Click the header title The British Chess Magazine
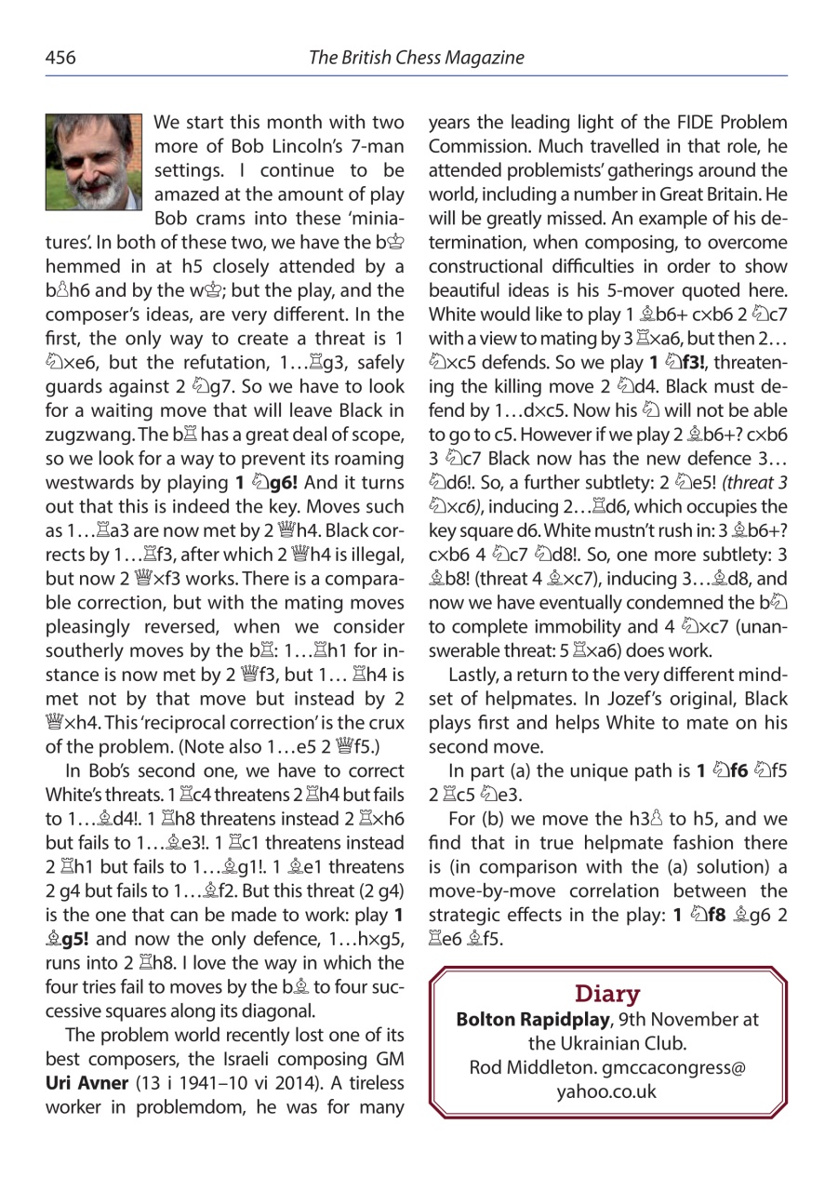point(416,58)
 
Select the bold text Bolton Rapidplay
point(527,1020)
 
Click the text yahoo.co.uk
point(606,1091)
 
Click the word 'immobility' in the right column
point(557,625)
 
